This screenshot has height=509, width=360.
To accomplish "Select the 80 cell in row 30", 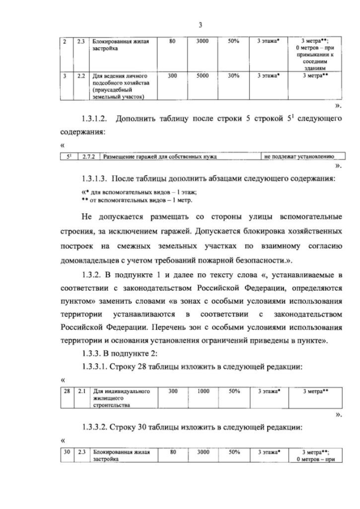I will (x=172, y=452).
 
